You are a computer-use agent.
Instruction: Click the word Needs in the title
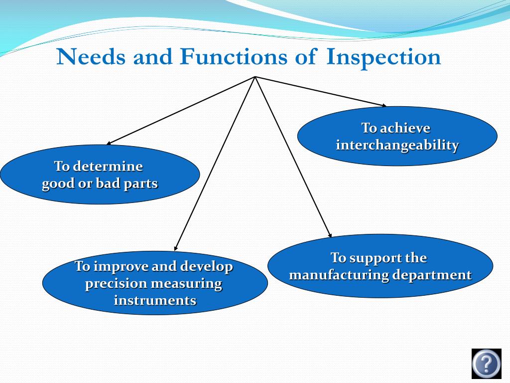click(x=91, y=57)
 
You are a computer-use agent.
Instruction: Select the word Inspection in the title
click(x=383, y=58)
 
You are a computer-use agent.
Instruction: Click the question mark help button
click(x=486, y=364)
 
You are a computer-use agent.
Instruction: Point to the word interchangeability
click(x=397, y=145)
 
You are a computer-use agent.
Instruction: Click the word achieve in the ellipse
click(x=405, y=128)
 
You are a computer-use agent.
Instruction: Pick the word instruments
click(x=155, y=301)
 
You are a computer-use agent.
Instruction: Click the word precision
click(x=117, y=284)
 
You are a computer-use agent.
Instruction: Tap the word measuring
click(x=186, y=284)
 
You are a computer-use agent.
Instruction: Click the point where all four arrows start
click(x=255, y=77)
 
